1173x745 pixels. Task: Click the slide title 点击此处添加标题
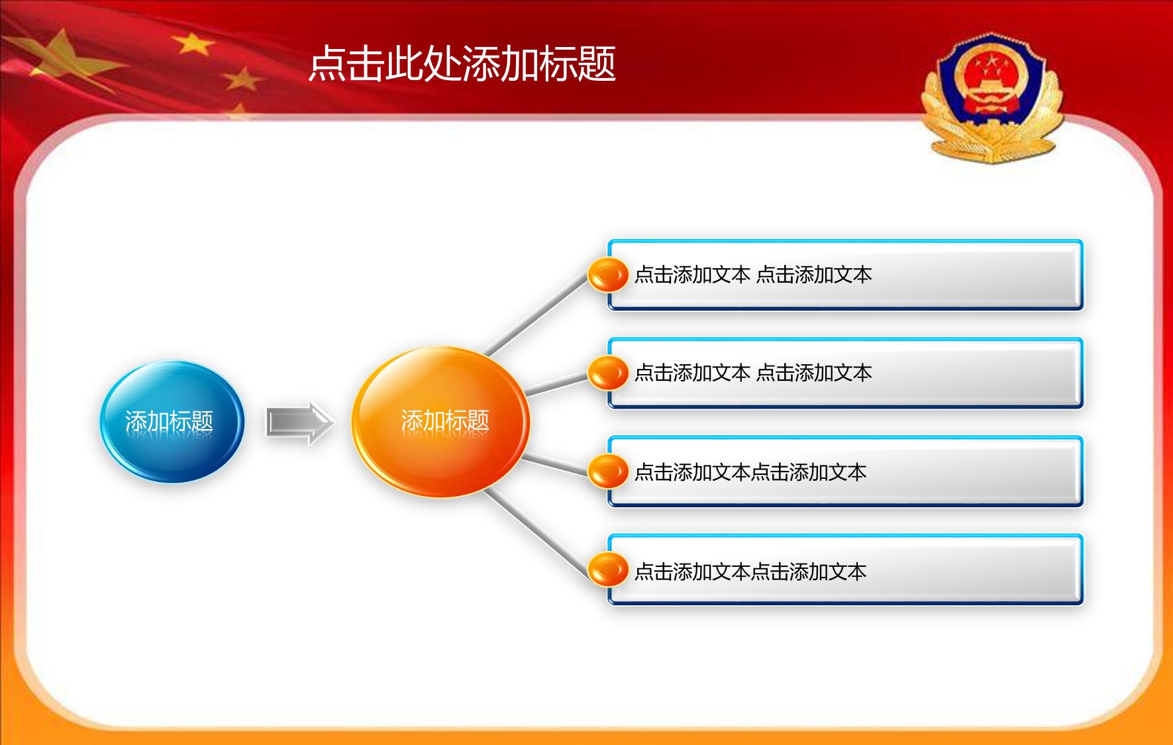point(462,64)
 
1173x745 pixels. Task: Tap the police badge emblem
point(992,97)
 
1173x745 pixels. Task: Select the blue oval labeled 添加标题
point(172,421)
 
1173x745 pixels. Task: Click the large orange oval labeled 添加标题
point(440,421)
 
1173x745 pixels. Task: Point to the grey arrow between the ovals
point(300,423)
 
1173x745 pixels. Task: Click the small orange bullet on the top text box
point(608,275)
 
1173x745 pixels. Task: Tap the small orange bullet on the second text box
point(608,373)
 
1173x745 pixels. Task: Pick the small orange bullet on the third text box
point(608,472)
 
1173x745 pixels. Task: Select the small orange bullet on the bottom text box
point(608,570)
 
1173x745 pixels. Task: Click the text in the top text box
point(753,275)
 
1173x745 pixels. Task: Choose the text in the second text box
point(753,373)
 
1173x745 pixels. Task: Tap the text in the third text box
point(750,472)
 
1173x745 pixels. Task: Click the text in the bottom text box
point(750,571)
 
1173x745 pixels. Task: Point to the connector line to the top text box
point(536,313)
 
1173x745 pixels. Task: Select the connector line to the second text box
point(556,384)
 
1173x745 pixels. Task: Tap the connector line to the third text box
point(555,464)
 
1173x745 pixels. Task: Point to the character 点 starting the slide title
point(328,64)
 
